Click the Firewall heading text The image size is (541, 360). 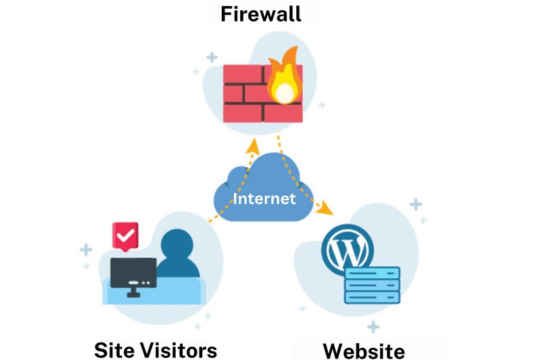(x=261, y=14)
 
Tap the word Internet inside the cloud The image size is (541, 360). (x=264, y=198)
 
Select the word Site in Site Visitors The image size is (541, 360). (x=115, y=350)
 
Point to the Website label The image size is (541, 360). (x=364, y=351)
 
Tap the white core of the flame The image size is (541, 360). (x=285, y=93)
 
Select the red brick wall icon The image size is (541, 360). (x=263, y=93)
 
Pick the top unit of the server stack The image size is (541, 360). (x=373, y=273)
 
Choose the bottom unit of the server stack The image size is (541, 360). (x=373, y=297)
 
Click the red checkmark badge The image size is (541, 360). (x=125, y=236)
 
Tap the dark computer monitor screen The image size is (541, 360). (x=133, y=273)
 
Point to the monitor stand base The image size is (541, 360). (x=133, y=295)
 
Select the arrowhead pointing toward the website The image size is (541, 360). (x=325, y=208)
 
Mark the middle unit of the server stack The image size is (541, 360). (x=373, y=285)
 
